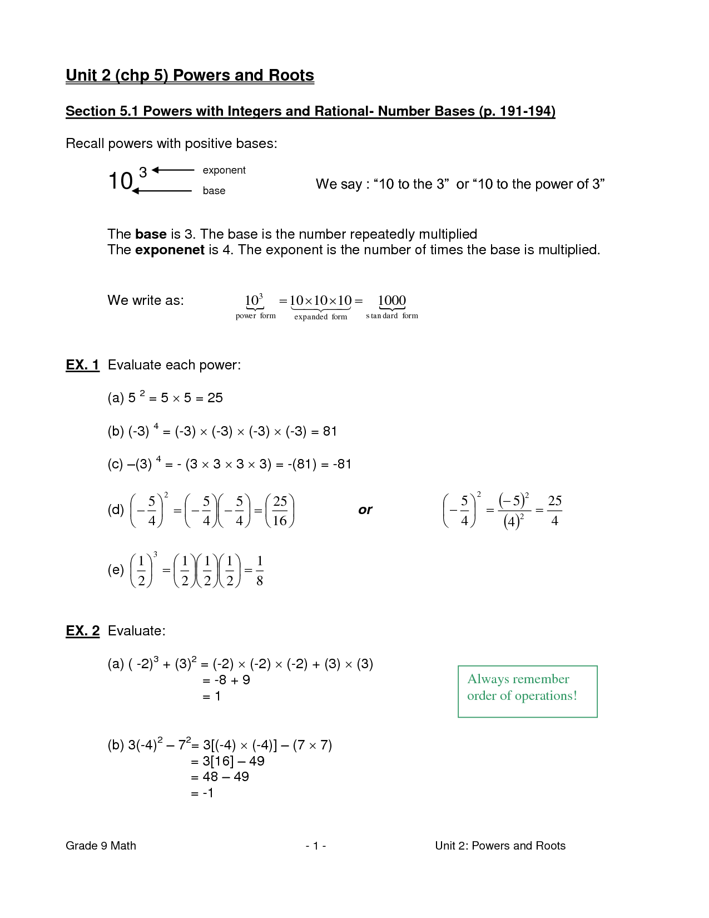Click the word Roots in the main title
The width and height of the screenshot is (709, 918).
[291, 75]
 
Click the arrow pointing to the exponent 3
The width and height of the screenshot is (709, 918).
[173, 170]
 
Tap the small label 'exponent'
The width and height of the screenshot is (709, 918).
[224, 170]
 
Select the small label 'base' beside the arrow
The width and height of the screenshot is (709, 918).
[214, 191]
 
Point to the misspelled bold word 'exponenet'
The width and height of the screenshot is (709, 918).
[170, 250]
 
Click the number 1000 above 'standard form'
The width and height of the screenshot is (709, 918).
[392, 300]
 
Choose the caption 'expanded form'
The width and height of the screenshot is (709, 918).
[320, 317]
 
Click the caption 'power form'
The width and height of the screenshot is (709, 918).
[255, 316]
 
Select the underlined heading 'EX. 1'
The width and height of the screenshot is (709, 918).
[82, 365]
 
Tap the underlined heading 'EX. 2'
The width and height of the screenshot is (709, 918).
[82, 631]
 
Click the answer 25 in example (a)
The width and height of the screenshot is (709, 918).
[215, 398]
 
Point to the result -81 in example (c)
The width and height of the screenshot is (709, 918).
[342, 464]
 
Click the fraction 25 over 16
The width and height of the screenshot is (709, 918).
[280, 511]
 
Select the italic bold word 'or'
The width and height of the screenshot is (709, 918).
[365, 510]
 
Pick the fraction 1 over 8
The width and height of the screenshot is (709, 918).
[260, 570]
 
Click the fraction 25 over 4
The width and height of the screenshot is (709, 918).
[554, 511]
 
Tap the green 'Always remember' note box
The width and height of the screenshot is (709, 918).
[527, 692]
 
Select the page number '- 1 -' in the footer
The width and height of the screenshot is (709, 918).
[315, 846]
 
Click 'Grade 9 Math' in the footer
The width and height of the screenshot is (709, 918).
[101, 846]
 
